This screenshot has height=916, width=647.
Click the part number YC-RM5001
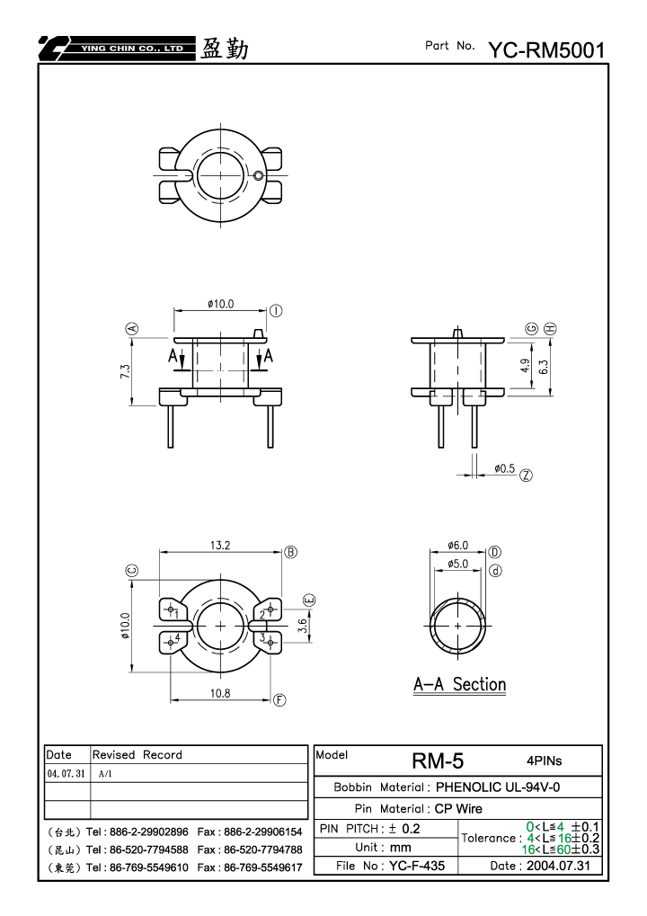coord(546,50)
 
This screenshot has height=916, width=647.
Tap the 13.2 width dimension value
coord(220,545)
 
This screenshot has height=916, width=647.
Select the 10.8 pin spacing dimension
coord(220,693)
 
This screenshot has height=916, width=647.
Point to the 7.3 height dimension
coord(126,371)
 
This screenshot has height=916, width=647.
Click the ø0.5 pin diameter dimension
coord(504,468)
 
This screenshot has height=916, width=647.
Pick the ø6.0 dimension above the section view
coord(457,545)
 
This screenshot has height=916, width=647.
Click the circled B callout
coord(291,552)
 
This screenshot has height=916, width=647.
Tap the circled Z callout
coord(526,476)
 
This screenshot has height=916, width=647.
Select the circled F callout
coord(279,700)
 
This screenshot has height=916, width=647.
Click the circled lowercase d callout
coord(495,571)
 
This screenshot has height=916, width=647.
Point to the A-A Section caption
coord(459,684)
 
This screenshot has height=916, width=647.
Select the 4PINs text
coord(545,760)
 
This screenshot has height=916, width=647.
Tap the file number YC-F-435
coord(417,866)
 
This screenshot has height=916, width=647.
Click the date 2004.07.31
coord(558,866)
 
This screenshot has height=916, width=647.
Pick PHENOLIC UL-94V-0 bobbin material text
coord(498,787)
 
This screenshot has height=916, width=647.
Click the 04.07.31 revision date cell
coord(66,773)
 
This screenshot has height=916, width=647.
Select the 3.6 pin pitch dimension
coord(303,626)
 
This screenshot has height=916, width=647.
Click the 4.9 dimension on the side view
coord(525,366)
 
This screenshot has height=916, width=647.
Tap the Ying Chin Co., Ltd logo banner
coord(117,49)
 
